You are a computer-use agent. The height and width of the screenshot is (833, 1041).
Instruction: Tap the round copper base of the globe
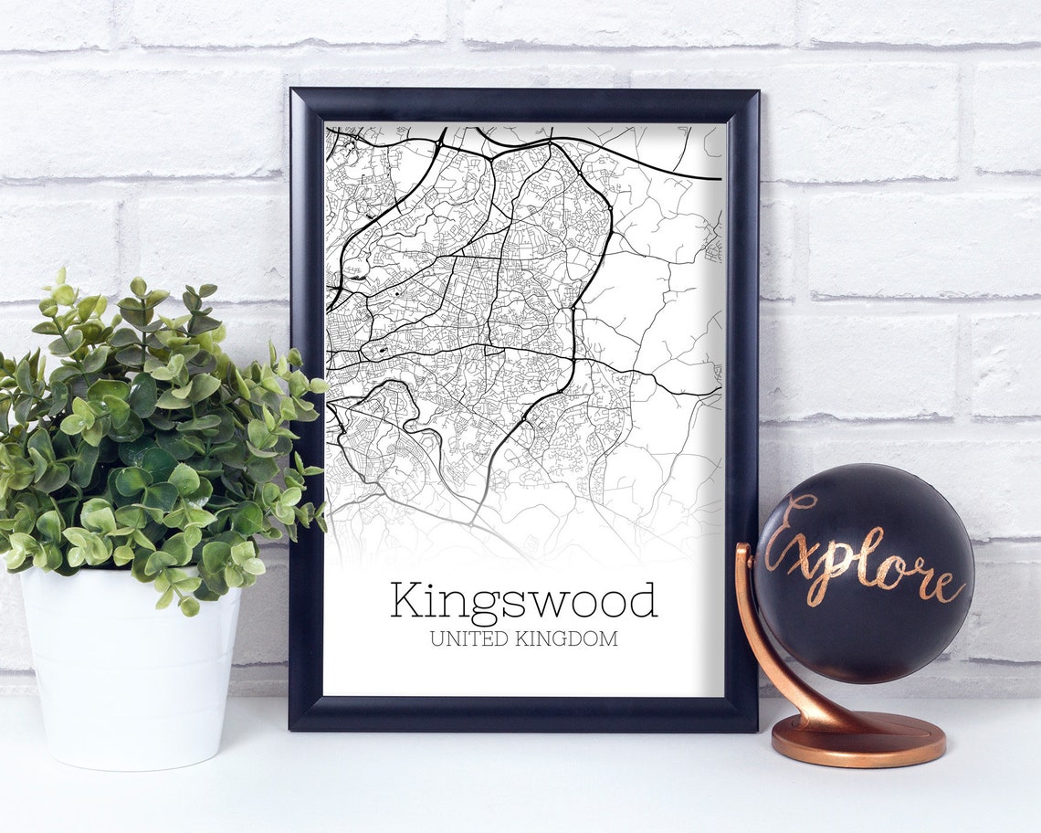click(x=857, y=739)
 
